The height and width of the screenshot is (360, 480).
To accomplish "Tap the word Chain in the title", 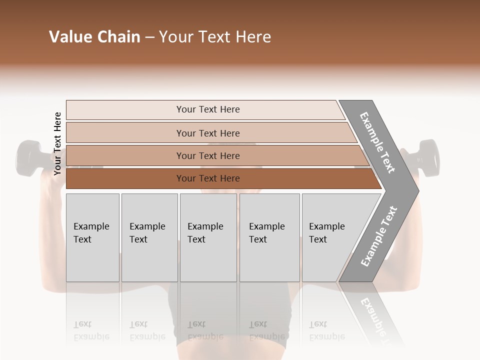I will pos(119,37).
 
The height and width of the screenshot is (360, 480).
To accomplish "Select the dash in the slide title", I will pos(149,37).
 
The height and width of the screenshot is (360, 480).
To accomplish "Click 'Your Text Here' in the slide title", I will pos(215,37).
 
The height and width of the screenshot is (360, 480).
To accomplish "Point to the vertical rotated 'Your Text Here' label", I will pos(57,143).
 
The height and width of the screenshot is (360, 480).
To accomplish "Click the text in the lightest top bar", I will pos(208,109).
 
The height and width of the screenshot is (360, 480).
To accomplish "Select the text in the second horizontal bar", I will pos(208,133).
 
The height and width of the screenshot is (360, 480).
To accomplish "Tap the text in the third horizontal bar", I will pos(208,156).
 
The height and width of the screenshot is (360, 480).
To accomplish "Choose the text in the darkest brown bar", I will pos(208,178).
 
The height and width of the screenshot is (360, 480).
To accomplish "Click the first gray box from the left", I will pos(92,237).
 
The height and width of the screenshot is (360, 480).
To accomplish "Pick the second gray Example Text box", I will pos(149,237).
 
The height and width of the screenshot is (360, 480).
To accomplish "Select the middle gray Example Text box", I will pos(208,237).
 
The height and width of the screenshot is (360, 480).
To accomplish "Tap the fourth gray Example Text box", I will pos(269,237).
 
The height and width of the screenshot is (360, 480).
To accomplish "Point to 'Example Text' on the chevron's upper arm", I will pos(377,142).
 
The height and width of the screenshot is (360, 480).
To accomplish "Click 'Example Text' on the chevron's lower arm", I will pos(379,236).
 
